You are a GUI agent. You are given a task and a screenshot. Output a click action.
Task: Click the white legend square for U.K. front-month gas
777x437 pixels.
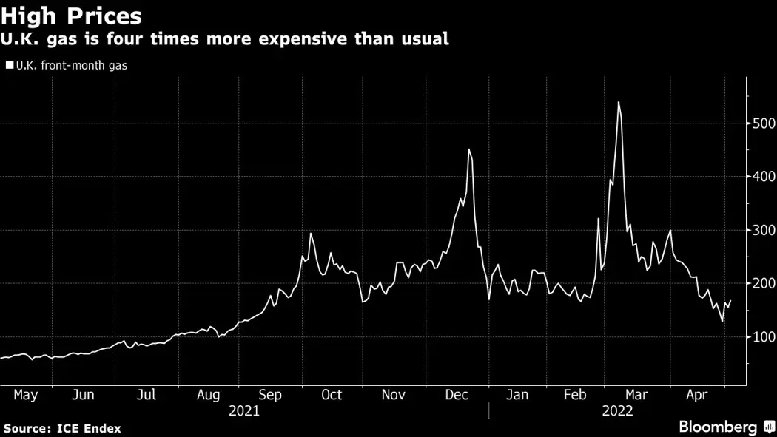pyautogui.click(x=9, y=65)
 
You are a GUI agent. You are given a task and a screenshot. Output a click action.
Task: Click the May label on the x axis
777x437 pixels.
pyautogui.click(x=25, y=395)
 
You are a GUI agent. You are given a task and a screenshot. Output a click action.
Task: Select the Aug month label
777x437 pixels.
pyautogui.click(x=209, y=395)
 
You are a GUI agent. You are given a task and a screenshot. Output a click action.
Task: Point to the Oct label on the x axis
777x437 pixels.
pyautogui.click(x=332, y=395)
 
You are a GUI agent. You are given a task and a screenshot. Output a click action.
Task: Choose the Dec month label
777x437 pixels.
pyautogui.click(x=457, y=395)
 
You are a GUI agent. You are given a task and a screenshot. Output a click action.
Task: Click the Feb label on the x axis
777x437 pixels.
pyautogui.click(x=575, y=395)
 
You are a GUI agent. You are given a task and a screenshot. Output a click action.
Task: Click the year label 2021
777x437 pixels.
pyautogui.click(x=244, y=411)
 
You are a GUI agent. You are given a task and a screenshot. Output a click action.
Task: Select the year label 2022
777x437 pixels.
pyautogui.click(x=618, y=411)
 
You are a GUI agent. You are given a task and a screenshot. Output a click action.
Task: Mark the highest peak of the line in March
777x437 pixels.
pyautogui.click(x=618, y=102)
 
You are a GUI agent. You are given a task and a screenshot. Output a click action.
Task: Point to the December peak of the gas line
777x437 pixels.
pyautogui.click(x=469, y=149)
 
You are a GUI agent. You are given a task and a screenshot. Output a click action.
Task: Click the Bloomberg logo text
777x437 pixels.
pyautogui.click(x=718, y=427)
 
